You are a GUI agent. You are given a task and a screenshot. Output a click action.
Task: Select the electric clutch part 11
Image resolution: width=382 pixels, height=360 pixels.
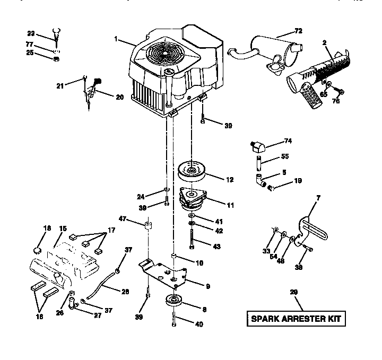point(193,200)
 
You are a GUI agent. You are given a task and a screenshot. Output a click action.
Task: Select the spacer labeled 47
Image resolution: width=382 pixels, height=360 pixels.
point(149,227)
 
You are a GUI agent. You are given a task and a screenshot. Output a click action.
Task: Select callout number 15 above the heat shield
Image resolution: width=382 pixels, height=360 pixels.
point(63,229)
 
